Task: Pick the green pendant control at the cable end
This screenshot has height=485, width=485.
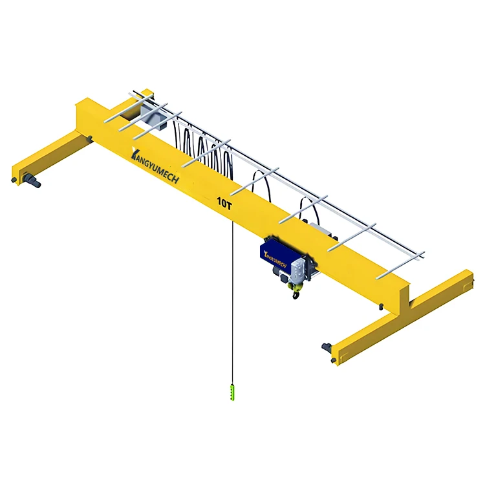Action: click(x=233, y=392)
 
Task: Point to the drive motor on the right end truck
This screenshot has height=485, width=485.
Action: click(x=327, y=349)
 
